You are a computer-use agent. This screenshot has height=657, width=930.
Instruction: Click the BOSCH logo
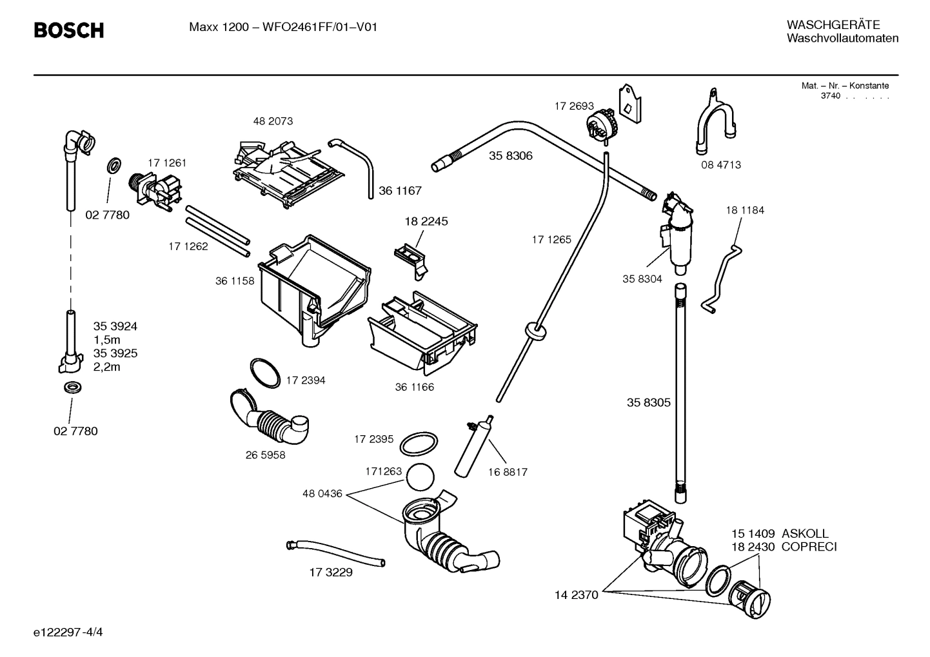68,30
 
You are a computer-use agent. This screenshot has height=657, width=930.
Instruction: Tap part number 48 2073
273,121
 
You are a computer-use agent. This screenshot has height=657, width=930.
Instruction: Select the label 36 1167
400,191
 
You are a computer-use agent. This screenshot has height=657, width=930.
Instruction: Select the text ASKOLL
805,534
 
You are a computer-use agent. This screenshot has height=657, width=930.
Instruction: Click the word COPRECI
809,547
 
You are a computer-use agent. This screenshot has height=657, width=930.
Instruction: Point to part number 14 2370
576,594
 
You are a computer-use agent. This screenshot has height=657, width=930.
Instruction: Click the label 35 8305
648,403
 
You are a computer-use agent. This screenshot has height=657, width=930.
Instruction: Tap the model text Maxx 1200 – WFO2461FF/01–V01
283,28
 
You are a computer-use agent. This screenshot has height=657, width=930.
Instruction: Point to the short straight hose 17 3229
335,554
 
